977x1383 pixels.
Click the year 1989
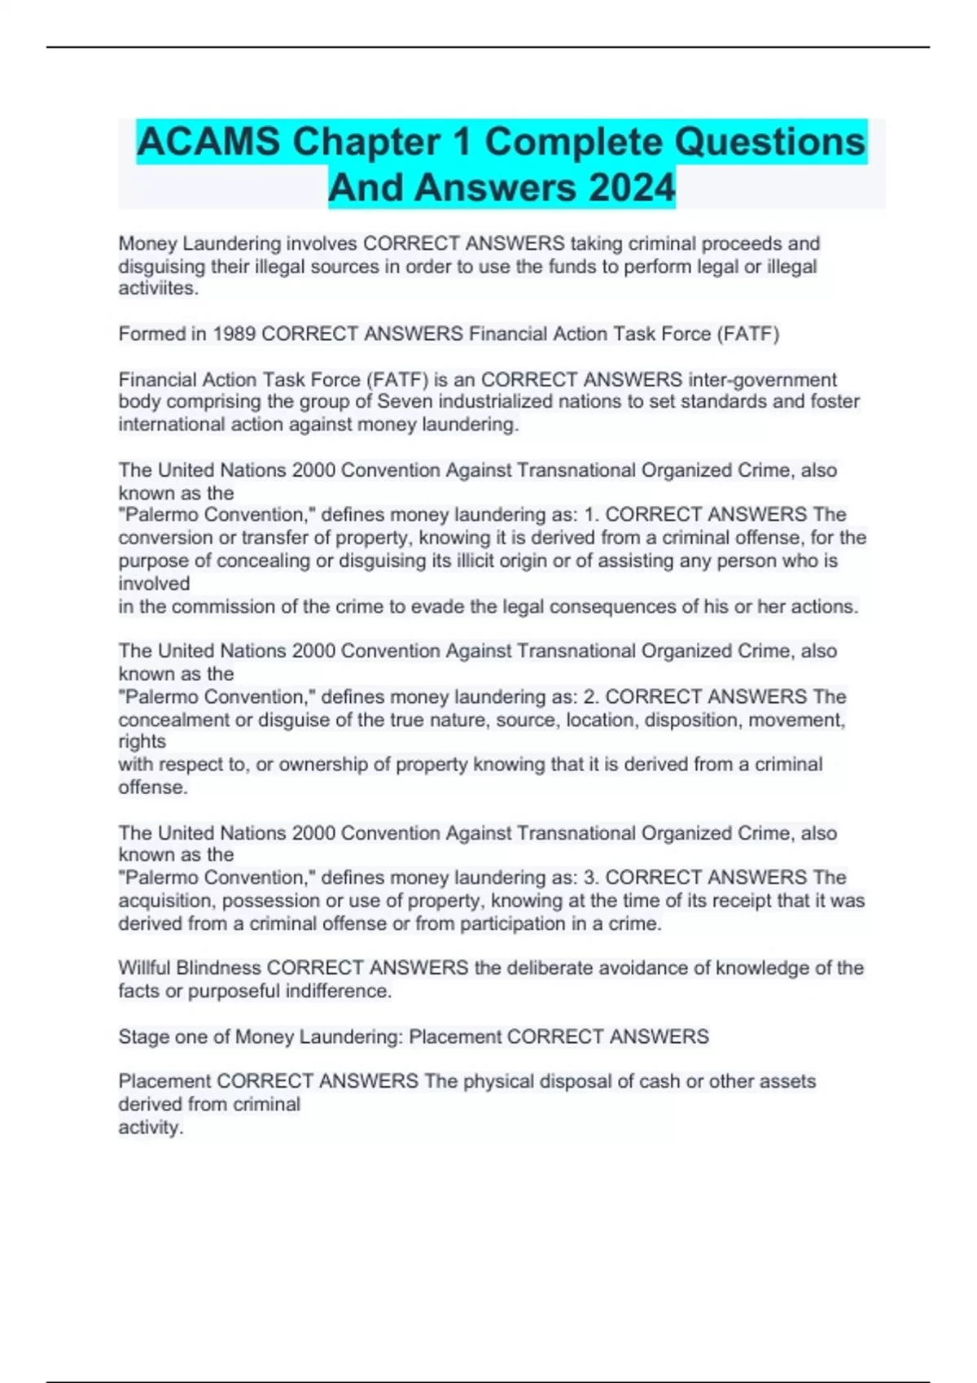click(234, 334)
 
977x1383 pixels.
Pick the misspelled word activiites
click(158, 289)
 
